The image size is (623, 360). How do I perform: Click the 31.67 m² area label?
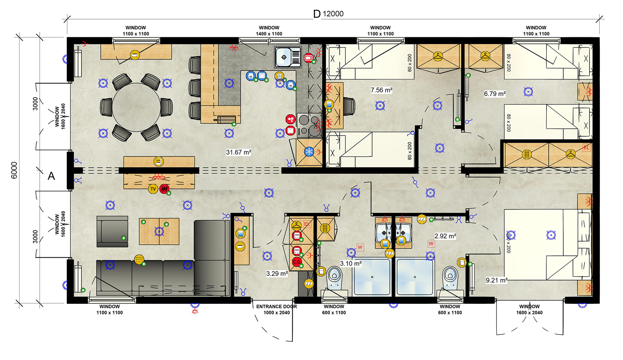tap(238, 152)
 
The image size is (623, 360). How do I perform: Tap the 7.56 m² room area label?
tap(381, 90)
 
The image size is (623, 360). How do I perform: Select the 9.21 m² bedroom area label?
tap(496, 280)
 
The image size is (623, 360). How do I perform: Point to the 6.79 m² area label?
tap(495, 94)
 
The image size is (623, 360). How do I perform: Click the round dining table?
tap(136, 107)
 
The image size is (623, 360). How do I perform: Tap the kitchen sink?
tap(288, 57)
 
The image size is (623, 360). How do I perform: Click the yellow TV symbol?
tap(153, 189)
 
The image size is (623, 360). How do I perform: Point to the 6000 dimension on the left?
tap(14, 170)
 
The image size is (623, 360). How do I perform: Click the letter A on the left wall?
tap(51, 176)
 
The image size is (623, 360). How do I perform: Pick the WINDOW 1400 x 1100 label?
tap(269, 31)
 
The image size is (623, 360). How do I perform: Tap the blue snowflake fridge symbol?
tap(308, 152)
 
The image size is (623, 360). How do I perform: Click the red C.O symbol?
tap(297, 262)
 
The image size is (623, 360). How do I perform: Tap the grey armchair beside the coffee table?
tap(112, 231)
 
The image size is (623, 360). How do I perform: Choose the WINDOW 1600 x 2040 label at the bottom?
tap(529, 309)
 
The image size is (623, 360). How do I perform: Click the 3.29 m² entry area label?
tap(277, 274)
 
